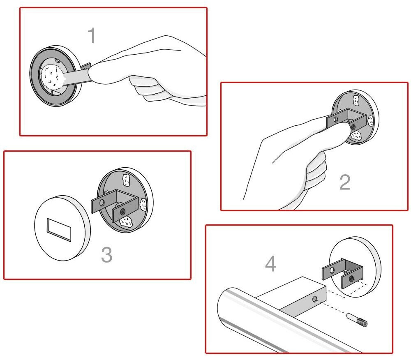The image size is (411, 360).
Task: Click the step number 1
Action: [92, 35]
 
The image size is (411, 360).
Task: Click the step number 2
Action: [345, 182]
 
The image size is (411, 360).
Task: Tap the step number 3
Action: [107, 254]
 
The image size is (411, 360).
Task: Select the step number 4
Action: [271, 264]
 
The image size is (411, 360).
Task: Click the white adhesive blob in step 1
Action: [53, 76]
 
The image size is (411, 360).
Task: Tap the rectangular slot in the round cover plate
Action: [59, 229]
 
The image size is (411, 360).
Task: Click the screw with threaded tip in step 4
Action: [357, 320]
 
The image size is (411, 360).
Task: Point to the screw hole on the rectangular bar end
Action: [315, 299]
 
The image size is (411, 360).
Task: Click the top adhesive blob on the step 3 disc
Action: [126, 180]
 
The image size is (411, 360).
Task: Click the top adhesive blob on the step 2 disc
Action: [356, 100]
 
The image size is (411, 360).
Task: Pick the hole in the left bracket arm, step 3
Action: [102, 203]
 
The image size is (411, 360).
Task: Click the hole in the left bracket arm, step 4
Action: [332, 270]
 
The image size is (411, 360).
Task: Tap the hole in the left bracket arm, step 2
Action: [335, 120]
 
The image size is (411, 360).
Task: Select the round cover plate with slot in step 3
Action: [62, 228]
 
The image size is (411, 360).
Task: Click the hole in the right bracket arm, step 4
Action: [351, 278]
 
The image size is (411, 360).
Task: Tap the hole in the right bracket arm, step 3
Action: [122, 212]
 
